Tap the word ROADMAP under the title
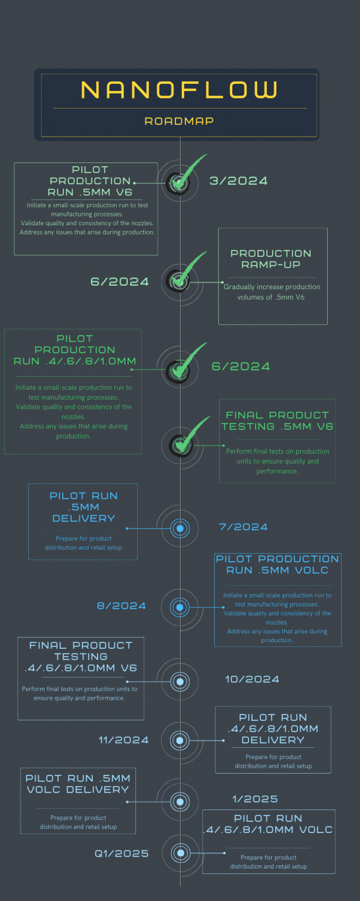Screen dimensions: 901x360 pyautogui.click(x=179, y=121)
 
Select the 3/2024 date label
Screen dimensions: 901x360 pyautogui.click(x=239, y=181)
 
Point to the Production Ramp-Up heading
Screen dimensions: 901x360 pyautogui.click(x=271, y=259)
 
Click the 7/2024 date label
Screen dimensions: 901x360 pyautogui.click(x=243, y=527)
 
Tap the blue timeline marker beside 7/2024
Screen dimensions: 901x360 pyautogui.click(x=180, y=529)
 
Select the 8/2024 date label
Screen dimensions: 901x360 pyautogui.click(x=121, y=605)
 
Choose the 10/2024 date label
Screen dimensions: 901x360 pyautogui.click(x=252, y=679)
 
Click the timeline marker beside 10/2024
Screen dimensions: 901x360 pyautogui.click(x=180, y=682)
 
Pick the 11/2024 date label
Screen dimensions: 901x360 pyautogui.click(x=124, y=740)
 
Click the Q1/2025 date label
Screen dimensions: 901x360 pyautogui.click(x=122, y=853)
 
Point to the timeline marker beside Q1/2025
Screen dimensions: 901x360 pyautogui.click(x=181, y=853)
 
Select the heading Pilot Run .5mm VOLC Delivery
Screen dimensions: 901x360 pyautogui.click(x=77, y=784)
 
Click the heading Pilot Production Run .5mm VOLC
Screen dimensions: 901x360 pyautogui.click(x=277, y=564)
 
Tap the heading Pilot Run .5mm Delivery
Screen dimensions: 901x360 pyautogui.click(x=83, y=507)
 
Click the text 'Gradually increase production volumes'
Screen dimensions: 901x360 pyautogui.click(x=272, y=292)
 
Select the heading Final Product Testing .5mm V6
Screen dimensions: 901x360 pyautogui.click(x=277, y=421)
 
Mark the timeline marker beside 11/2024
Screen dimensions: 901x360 pyautogui.click(x=180, y=740)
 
